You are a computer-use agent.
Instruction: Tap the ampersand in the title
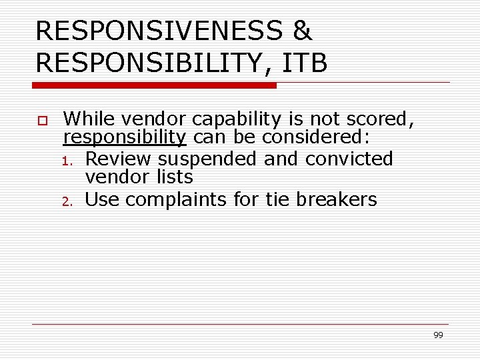click(302, 31)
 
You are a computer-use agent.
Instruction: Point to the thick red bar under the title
click(155, 85)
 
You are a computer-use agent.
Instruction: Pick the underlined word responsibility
click(125, 137)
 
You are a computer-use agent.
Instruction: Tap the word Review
click(119, 159)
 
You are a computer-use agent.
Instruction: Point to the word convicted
click(349, 159)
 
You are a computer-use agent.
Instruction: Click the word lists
click(177, 177)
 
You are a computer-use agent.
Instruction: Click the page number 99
click(438, 335)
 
